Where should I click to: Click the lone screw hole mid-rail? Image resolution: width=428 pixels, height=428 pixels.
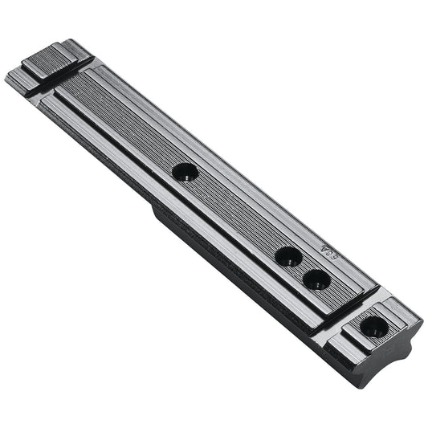tap(185, 171)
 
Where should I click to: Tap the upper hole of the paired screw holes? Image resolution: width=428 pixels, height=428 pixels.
tap(287, 257)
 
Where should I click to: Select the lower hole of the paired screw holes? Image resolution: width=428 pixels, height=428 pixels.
tap(316, 279)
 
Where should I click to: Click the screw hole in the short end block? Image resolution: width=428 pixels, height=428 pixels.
tap(373, 326)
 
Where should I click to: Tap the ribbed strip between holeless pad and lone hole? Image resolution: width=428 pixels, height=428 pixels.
tap(120, 120)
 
